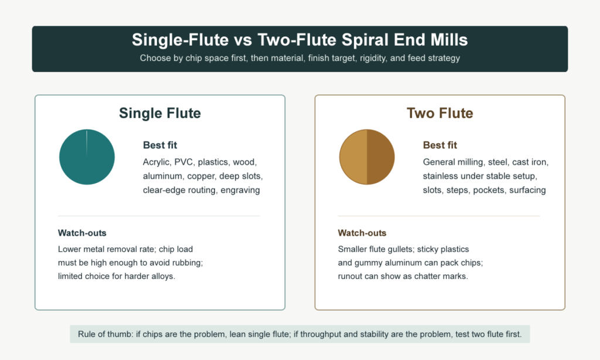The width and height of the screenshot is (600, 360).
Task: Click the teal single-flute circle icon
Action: pyautogui.click(x=87, y=157)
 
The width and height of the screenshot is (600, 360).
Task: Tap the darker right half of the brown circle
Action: pyautogui.click(x=381, y=157)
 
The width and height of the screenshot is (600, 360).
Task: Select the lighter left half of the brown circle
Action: pyautogui.click(x=353, y=157)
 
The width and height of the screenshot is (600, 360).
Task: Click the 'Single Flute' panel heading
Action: pyautogui.click(x=160, y=113)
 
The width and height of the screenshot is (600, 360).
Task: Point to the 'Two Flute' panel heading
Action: pyautogui.click(x=439, y=113)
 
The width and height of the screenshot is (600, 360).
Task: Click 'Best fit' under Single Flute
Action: pyautogui.click(x=160, y=145)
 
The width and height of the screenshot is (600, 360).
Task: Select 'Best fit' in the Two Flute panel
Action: pyautogui.click(x=440, y=145)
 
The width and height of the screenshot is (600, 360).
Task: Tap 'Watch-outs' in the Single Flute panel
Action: pyautogui.click(x=82, y=233)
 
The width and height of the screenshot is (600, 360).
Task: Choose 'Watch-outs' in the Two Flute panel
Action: pyautogui.click(x=362, y=233)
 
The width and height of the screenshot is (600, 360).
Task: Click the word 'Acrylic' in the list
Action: pyautogui.click(x=156, y=162)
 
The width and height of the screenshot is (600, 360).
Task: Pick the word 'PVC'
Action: pyautogui.click(x=183, y=162)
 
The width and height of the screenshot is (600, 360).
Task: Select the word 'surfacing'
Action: pyautogui.click(x=527, y=191)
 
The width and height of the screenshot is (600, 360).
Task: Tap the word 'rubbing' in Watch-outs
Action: pyautogui.click(x=188, y=263)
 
